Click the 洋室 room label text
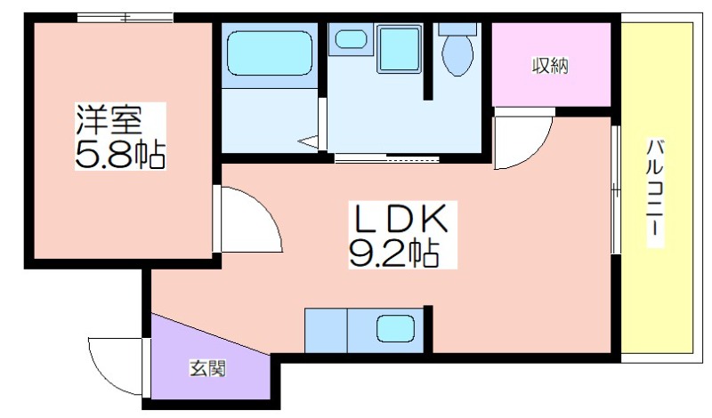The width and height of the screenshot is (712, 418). click(109, 120)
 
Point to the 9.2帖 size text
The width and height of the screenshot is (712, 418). click(394, 253)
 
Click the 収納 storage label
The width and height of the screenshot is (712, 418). click(550, 67)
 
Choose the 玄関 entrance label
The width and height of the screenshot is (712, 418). click(207, 368)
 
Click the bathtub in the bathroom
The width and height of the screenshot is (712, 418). click(270, 53)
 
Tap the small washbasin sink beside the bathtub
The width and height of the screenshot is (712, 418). click(351, 39)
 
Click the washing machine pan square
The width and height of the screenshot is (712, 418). click(399, 49)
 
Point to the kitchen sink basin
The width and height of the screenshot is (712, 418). click(395, 327)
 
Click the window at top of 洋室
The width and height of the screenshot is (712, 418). click(125, 18)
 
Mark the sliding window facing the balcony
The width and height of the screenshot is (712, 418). click(616, 189)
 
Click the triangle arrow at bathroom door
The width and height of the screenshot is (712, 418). click(309, 141)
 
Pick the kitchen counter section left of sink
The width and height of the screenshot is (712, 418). click(326, 330)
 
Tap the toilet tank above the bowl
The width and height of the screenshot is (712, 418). click(457, 29)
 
